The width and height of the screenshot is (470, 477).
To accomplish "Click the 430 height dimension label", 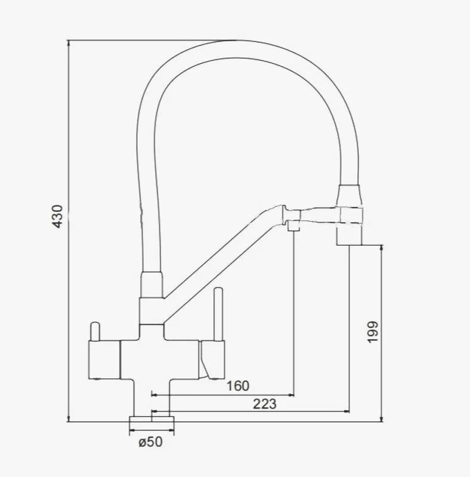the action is [x=57, y=216].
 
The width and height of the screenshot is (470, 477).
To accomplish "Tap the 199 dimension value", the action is [x=373, y=332].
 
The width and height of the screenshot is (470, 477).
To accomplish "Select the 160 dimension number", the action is [x=238, y=386].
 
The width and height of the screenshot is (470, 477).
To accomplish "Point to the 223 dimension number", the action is [x=265, y=404].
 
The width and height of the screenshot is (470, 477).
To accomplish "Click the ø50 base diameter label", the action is [x=151, y=442].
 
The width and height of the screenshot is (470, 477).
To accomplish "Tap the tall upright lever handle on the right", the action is [x=218, y=314].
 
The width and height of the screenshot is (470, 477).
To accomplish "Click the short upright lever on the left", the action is [x=95, y=332].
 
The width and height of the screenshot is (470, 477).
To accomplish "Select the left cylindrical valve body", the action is [x=104, y=360].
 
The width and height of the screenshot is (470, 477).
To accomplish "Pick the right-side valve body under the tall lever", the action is [x=212, y=360].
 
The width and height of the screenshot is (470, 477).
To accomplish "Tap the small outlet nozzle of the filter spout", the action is [x=293, y=226].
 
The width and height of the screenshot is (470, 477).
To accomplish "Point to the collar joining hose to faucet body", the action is [x=151, y=285].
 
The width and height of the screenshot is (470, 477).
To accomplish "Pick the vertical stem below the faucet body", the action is [x=151, y=398].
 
